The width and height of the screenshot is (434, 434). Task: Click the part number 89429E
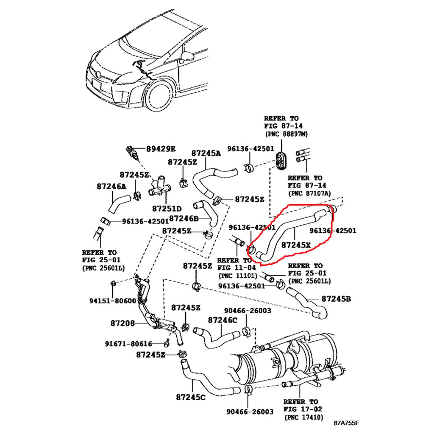tap(161, 149)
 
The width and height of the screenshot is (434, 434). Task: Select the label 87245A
tap(206, 153)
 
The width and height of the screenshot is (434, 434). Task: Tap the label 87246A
tap(111, 186)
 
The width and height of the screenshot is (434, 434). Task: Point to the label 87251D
tap(167, 209)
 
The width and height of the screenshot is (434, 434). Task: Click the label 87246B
tap(184, 219)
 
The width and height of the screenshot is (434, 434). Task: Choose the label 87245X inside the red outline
tap(296, 245)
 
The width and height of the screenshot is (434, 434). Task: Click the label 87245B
tap(336, 299)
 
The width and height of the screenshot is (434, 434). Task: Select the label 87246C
tap(223, 320)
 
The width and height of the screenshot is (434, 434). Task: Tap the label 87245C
tap(191, 397)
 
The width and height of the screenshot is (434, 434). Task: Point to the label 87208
tap(122, 323)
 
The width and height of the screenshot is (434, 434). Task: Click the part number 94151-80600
tap(113, 301)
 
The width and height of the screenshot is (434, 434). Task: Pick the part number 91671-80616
tap(128, 344)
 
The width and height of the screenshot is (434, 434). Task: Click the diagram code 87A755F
tap(346, 423)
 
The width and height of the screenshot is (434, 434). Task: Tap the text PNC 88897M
tap(287, 134)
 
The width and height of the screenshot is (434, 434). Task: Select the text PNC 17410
tap(303, 417)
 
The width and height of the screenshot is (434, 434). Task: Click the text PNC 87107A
tap(309, 193)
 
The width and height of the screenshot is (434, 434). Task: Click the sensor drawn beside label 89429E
tap(133, 153)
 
